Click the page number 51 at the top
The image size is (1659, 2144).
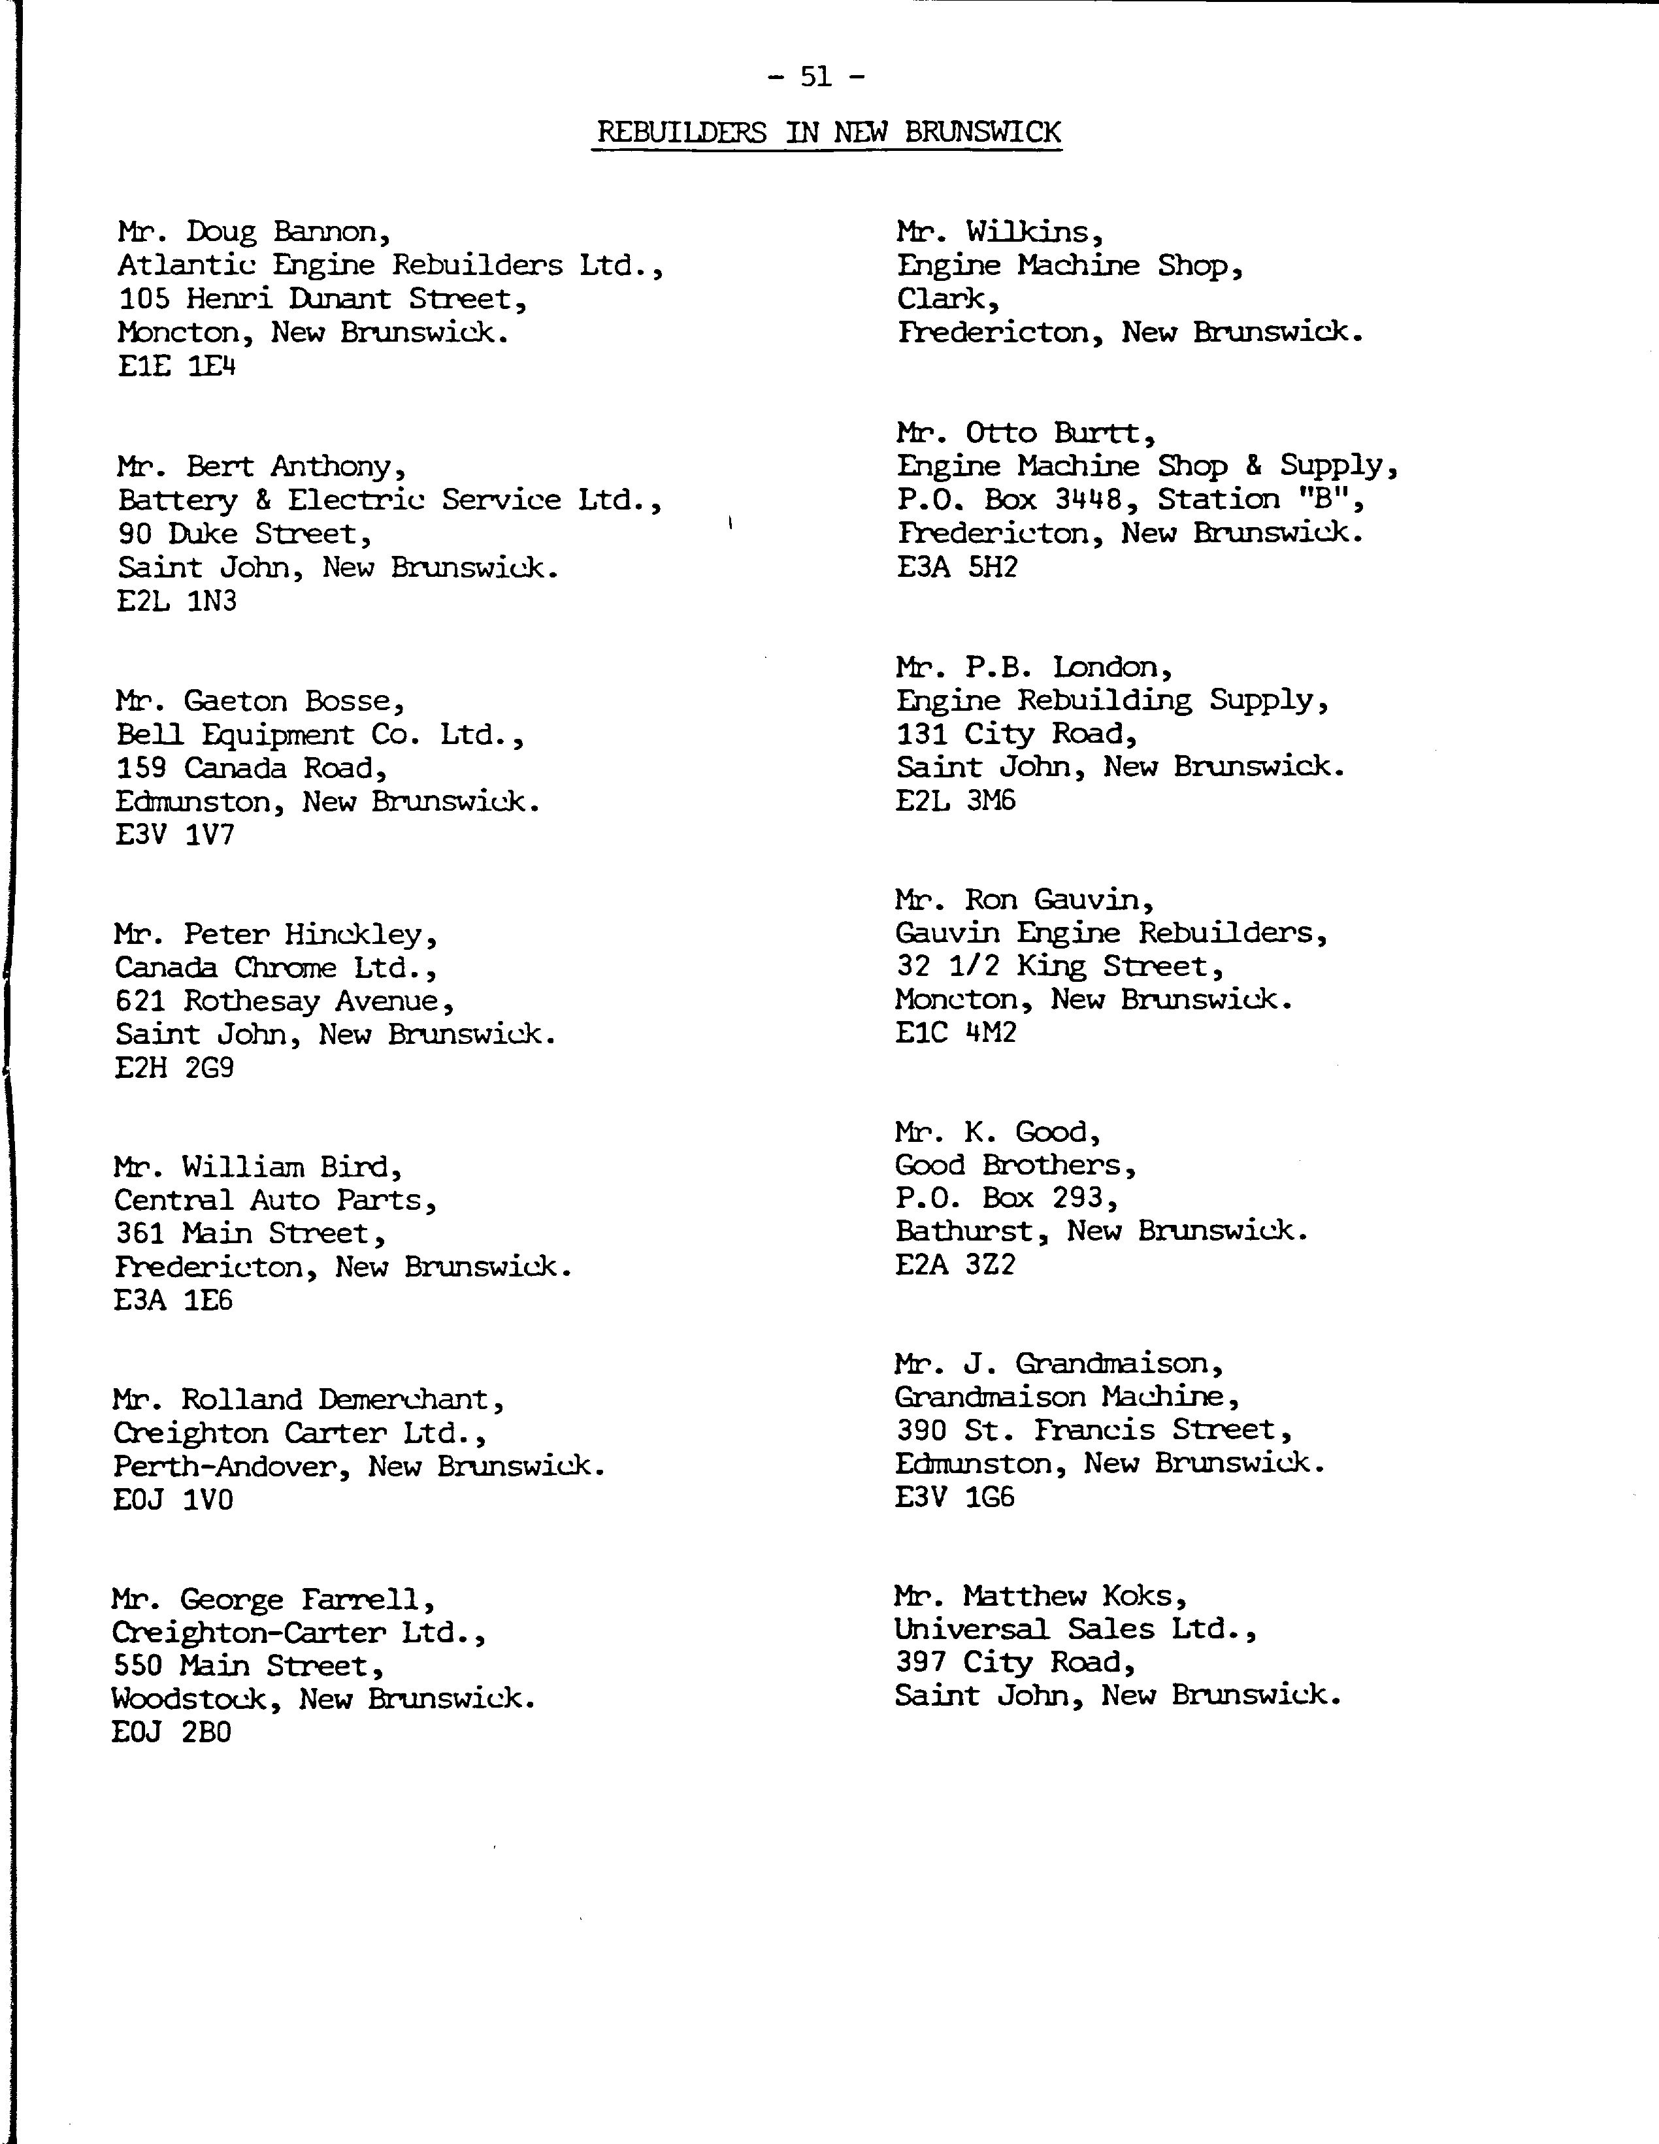coord(815,76)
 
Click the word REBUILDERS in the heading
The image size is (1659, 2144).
coord(682,133)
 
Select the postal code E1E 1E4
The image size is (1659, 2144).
coord(176,366)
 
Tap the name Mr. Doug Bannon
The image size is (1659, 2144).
coord(254,232)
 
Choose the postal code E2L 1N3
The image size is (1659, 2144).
coord(176,601)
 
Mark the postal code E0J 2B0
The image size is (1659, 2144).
coord(172,1732)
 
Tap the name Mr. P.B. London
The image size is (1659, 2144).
coord(1034,668)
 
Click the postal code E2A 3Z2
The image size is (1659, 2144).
coord(955,1265)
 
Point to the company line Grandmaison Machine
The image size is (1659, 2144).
coord(1067,1396)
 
